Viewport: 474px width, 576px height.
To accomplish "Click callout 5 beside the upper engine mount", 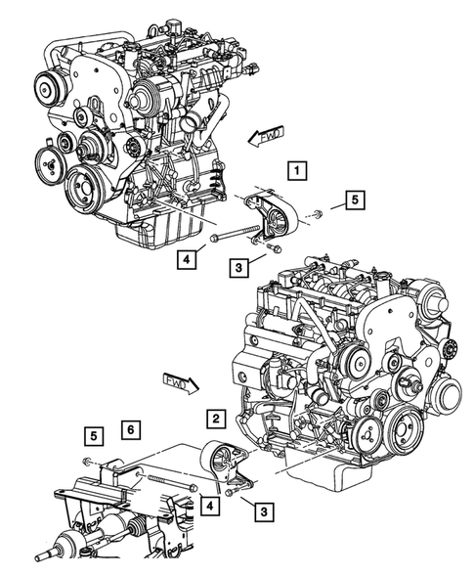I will click(x=354, y=201).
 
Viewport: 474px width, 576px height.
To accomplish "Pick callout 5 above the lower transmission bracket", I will click(x=93, y=434).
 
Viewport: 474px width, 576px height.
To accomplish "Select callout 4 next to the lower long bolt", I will click(x=208, y=505).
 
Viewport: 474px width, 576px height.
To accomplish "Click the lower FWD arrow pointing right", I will click(x=180, y=379).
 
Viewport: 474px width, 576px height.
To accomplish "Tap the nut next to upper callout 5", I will click(x=320, y=213).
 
